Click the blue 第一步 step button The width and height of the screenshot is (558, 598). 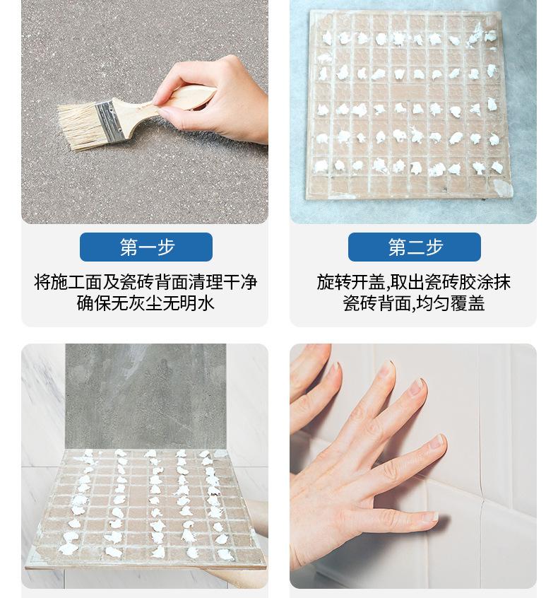tap(146, 247)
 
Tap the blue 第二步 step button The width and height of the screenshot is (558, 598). tap(415, 247)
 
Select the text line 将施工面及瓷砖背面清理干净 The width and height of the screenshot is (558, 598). tap(146, 283)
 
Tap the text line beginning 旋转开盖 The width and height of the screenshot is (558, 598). tap(414, 283)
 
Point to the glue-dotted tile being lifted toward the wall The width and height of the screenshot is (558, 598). tap(145, 509)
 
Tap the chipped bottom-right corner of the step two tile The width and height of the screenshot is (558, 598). tap(504, 189)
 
